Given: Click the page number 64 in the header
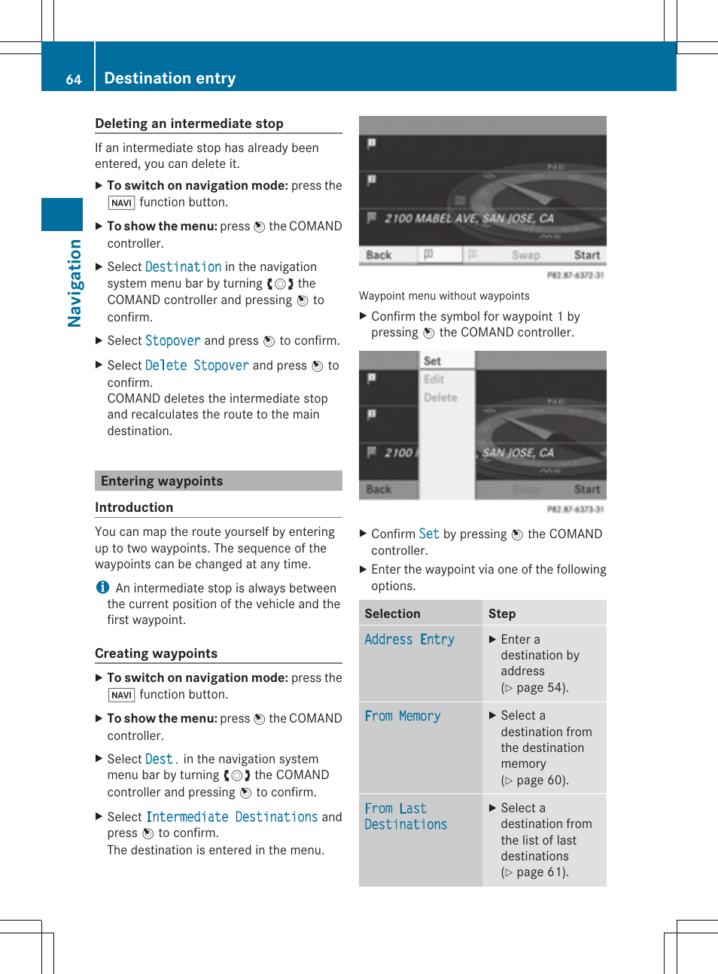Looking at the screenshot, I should click(73, 79).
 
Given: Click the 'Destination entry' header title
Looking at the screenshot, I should click(169, 78).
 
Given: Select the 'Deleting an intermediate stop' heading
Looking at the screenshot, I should click(189, 123).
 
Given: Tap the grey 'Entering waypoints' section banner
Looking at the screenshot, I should click(218, 481).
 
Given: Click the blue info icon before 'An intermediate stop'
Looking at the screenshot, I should click(102, 587).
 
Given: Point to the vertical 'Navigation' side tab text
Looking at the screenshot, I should click(74, 283).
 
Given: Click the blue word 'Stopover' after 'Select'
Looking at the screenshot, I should click(172, 341).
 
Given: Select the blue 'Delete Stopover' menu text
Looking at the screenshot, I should click(196, 365).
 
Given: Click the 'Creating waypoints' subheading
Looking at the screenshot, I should click(156, 653).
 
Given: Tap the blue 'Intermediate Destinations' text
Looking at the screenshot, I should click(232, 817).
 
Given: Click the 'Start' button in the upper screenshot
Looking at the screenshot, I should click(586, 255).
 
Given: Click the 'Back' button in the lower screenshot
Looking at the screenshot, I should click(379, 489).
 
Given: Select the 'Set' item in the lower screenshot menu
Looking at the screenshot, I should click(432, 361).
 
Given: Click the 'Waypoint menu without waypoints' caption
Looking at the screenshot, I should click(444, 296).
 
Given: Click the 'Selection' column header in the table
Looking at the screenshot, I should click(392, 613).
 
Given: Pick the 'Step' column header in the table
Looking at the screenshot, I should click(501, 613).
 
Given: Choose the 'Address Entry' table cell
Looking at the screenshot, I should click(409, 639).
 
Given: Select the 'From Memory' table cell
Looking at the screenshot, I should click(403, 716).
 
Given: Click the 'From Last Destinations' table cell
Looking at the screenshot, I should click(406, 816).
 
